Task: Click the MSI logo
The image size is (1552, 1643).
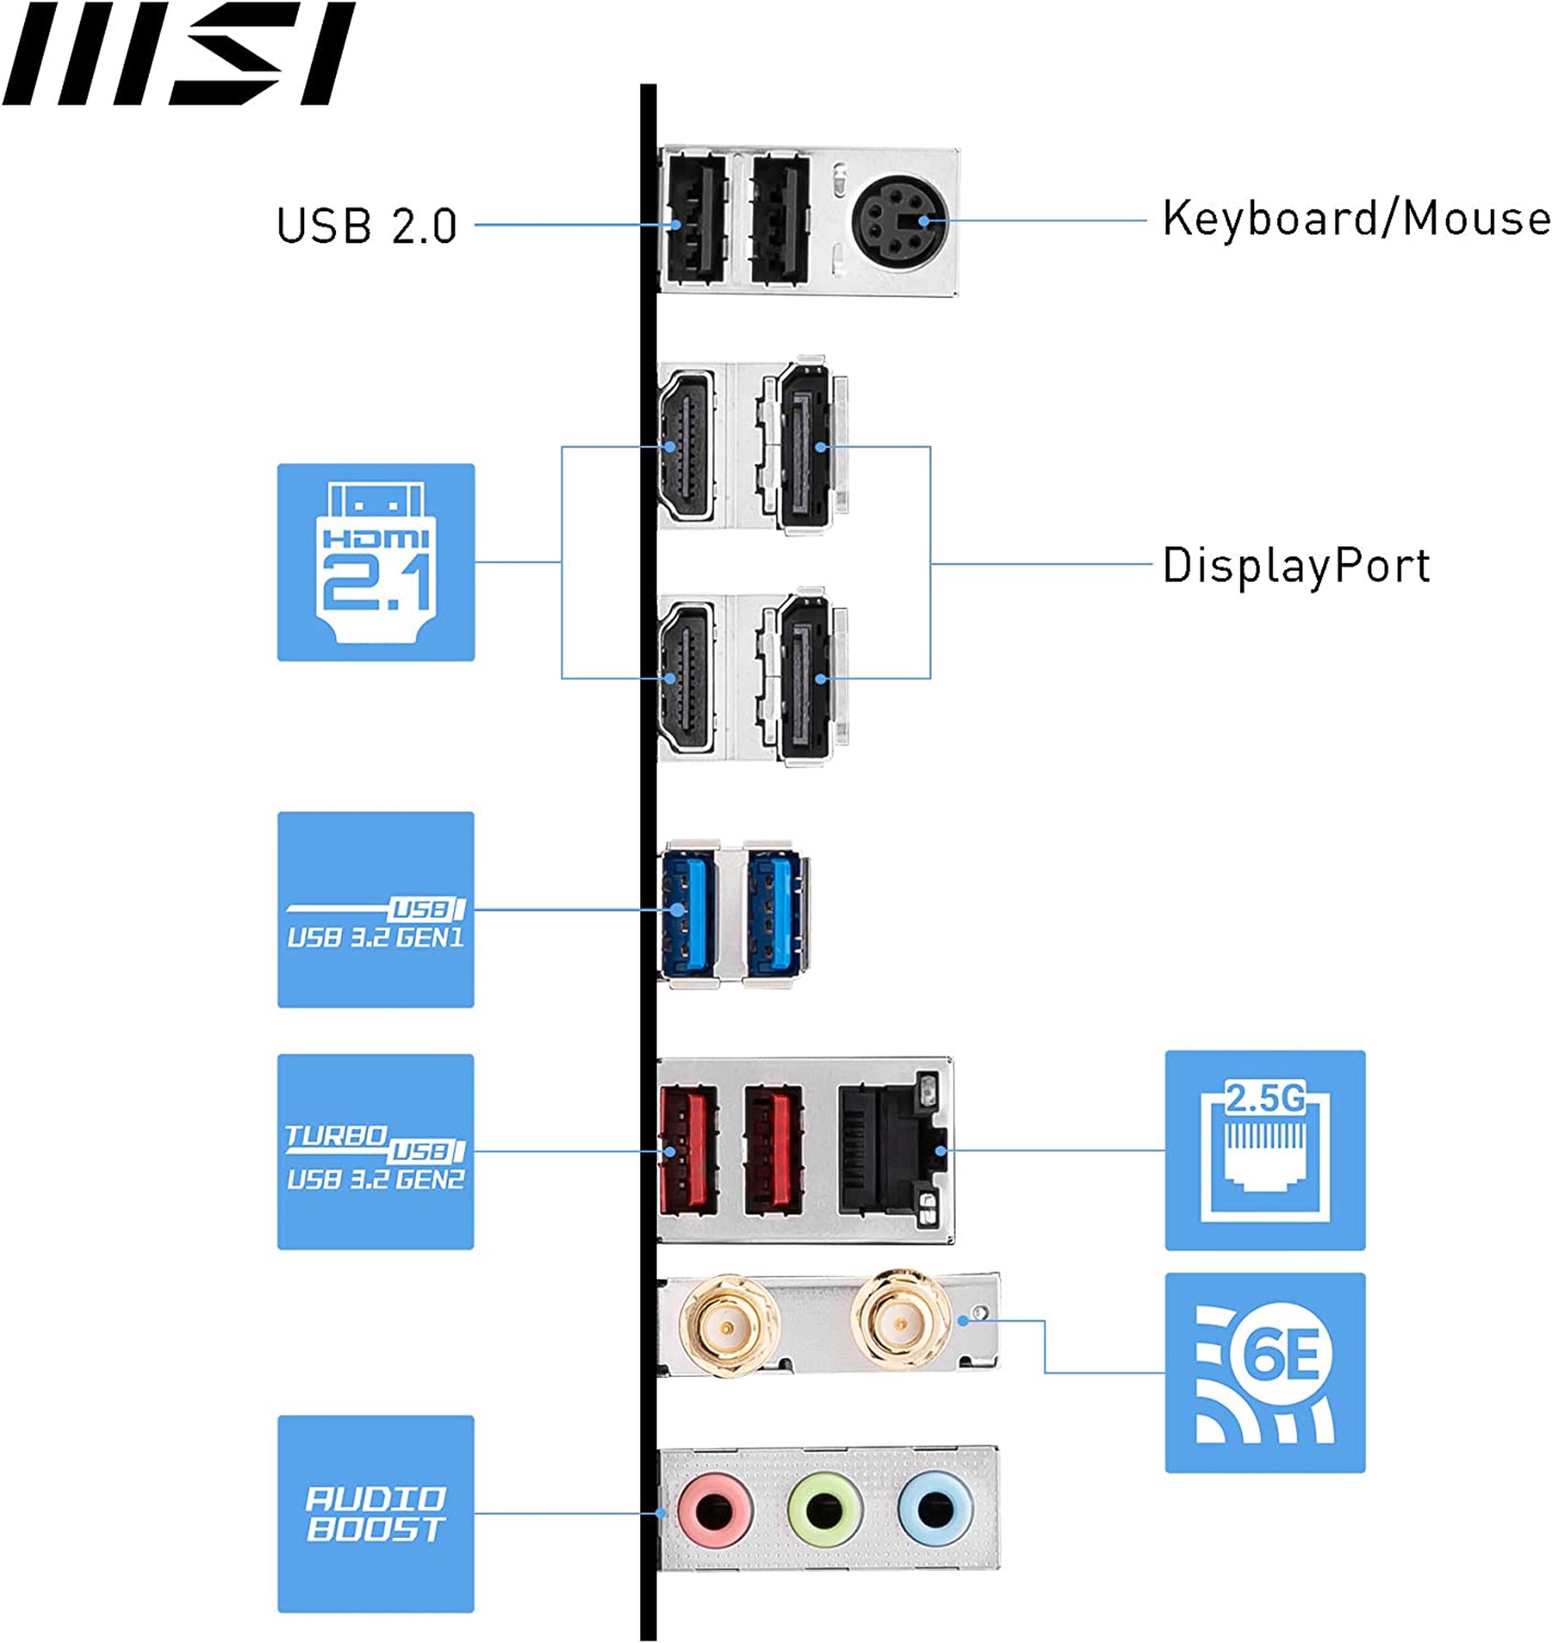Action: pyautogui.click(x=178, y=54)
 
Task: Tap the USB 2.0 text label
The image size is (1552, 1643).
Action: pyautogui.click(x=366, y=225)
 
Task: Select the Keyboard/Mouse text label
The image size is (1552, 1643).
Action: pyautogui.click(x=1355, y=218)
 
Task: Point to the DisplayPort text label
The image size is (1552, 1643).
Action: pyautogui.click(x=1296, y=565)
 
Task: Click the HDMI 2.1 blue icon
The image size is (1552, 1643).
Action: pyautogui.click(x=376, y=562)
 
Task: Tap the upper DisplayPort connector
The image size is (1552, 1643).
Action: pyautogui.click(x=805, y=447)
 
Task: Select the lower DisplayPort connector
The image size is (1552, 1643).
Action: pyautogui.click(x=805, y=678)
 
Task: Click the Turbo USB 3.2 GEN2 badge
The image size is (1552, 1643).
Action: pyautogui.click(x=376, y=1151)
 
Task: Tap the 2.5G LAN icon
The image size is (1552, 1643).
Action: pyautogui.click(x=1264, y=1150)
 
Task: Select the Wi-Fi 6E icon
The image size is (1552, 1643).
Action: pyautogui.click(x=1264, y=1373)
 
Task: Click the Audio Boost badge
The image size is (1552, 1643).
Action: pyautogui.click(x=376, y=1514)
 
